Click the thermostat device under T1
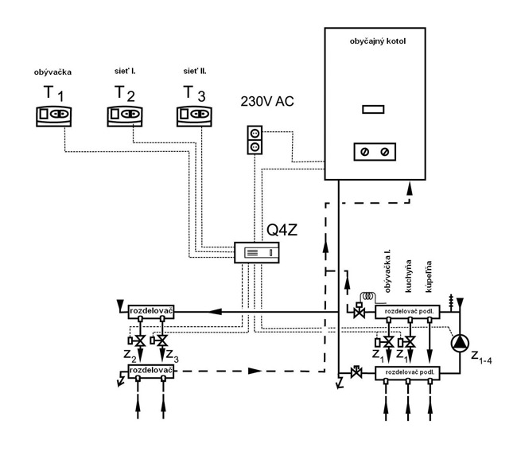(50, 117)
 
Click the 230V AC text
(267, 102)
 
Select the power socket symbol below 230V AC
(255, 140)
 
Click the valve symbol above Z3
(163, 340)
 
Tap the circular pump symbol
(461, 344)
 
